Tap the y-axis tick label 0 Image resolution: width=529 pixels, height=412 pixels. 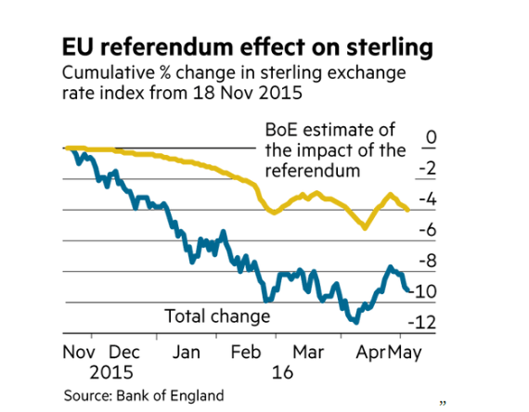pos(430,139)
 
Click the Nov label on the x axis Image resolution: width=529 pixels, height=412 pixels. pos(81,353)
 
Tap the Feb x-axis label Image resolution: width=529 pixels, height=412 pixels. pos(247,353)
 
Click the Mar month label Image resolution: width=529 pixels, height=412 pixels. pos(307,353)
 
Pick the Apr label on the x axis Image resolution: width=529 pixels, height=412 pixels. pos(369,353)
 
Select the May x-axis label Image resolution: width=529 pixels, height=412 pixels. pos(404,353)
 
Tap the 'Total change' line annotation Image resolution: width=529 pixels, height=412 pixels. pos(217,316)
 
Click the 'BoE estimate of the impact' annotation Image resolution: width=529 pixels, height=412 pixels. pos(335,151)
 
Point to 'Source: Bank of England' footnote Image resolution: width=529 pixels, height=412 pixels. pos(144,395)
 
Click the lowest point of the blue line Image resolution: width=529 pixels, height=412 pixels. pos(354,322)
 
